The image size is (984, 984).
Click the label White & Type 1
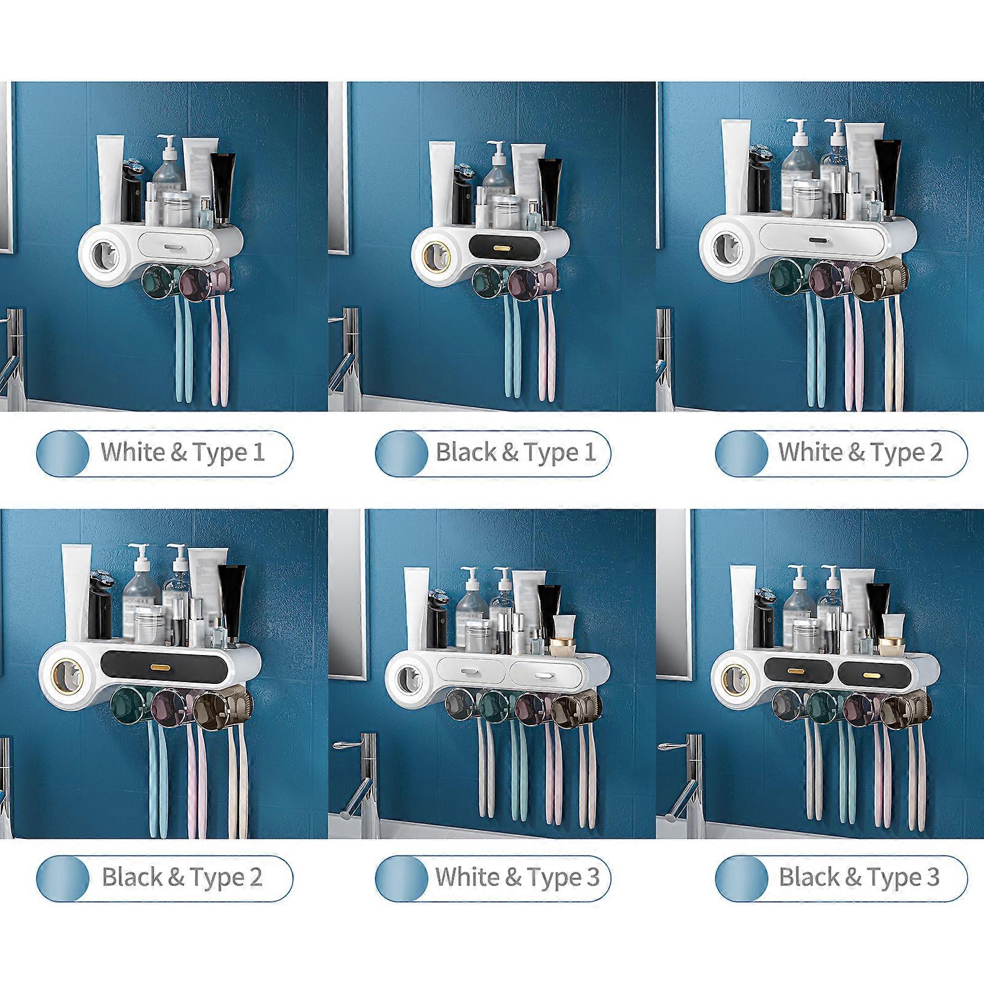[x=183, y=453]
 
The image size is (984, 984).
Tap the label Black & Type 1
[x=515, y=453]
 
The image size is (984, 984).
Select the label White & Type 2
[x=859, y=453]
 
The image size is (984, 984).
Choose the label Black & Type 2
[x=182, y=877]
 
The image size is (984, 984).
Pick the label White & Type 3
[x=517, y=877]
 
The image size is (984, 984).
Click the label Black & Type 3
[x=859, y=877]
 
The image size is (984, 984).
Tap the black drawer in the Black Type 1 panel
[x=507, y=245]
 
